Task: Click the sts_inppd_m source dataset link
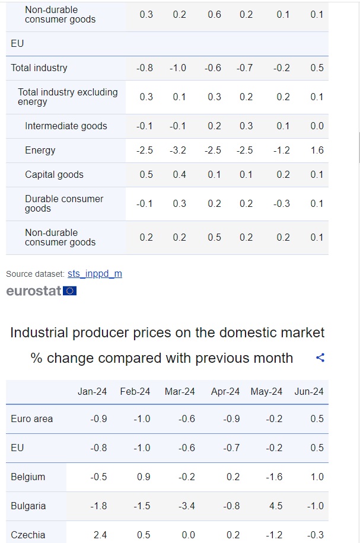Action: pos(95,274)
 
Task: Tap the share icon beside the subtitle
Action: pos(320,358)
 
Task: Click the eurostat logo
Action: pos(42,290)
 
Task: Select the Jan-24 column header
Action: pos(93,391)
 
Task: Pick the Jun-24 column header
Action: pos(309,391)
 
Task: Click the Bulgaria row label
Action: pos(28,506)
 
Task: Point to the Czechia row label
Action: pos(28,535)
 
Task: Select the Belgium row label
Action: pos(28,477)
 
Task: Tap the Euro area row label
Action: pos(31,419)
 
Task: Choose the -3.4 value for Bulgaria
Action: pos(187,506)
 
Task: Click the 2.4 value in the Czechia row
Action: pos(100,535)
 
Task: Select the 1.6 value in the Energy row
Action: pos(317,150)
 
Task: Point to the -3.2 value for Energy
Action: pos(178,150)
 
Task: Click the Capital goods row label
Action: pos(54,174)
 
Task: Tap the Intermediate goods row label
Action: pos(66,126)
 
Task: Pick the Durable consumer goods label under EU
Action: pos(64,203)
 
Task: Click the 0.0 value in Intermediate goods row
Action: pos(317,126)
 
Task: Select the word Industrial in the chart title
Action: pos(39,333)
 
